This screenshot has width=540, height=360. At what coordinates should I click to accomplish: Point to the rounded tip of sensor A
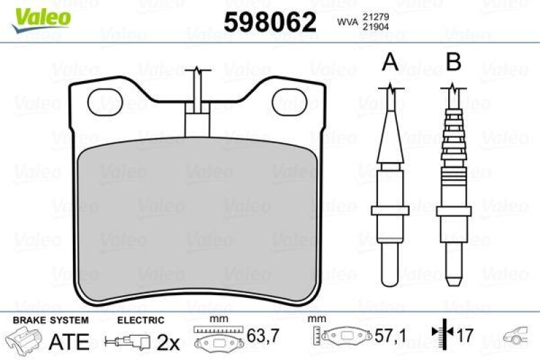(390, 278)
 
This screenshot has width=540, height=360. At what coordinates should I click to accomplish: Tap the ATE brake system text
(70, 342)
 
